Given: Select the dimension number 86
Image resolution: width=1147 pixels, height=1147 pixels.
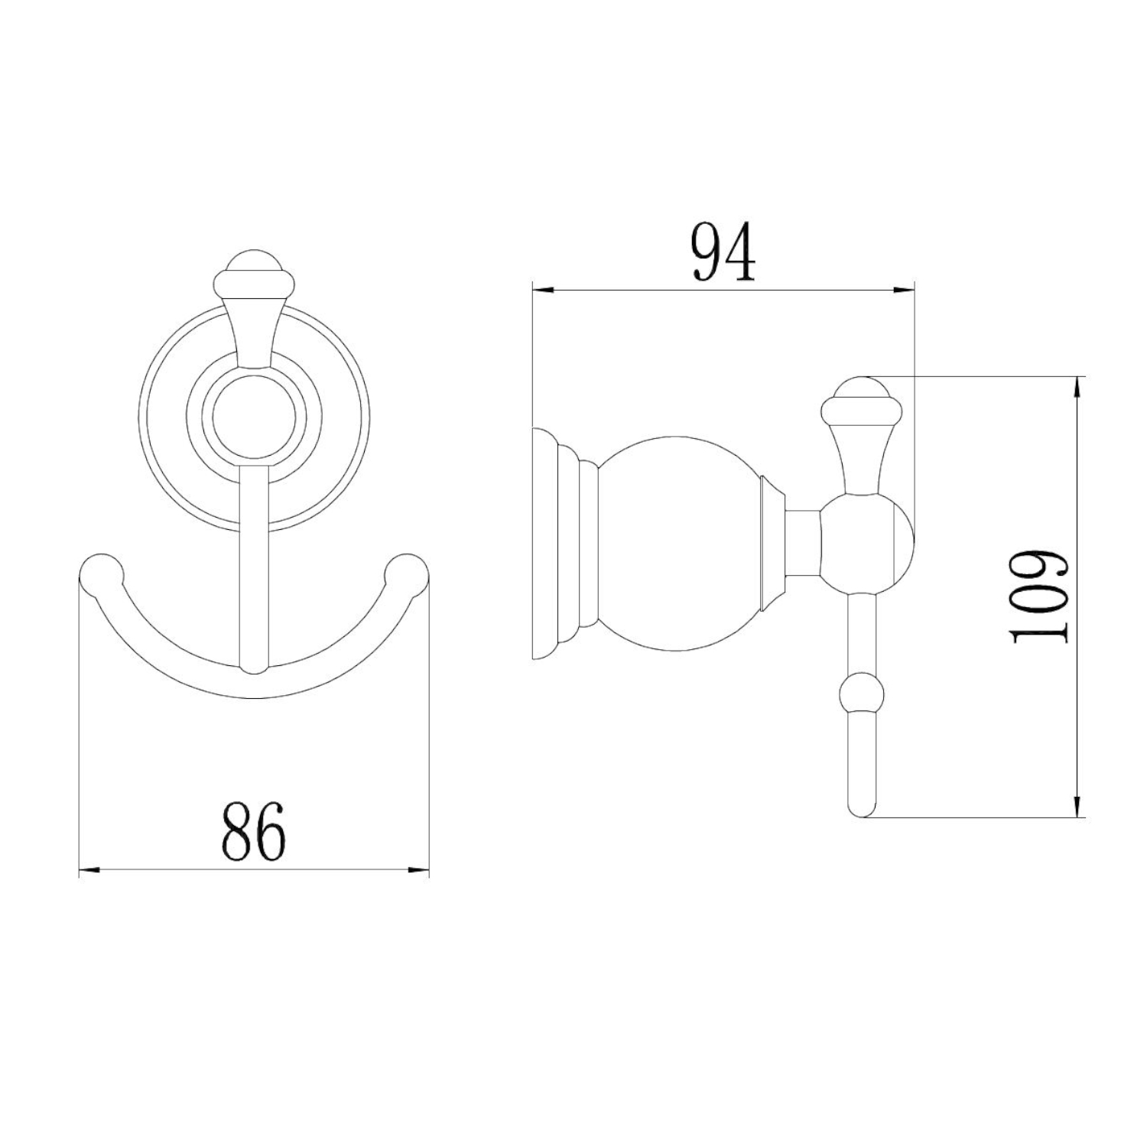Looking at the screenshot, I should (254, 831).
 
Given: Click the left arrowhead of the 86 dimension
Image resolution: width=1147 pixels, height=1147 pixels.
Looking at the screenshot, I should (89, 869).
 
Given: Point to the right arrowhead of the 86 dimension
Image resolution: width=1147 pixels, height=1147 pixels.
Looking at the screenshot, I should (420, 869).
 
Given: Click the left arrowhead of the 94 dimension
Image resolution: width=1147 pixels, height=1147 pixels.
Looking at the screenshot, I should (541, 290).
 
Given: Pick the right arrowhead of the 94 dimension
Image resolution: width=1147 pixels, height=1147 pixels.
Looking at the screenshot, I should (905, 290).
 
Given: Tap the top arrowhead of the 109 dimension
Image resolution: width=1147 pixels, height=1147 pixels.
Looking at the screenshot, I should (1078, 386).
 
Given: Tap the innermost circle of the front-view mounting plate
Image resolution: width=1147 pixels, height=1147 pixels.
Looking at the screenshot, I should (254, 421).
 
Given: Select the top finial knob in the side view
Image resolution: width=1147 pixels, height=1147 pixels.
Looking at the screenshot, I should (863, 398).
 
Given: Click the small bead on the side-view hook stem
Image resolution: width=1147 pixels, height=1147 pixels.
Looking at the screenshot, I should (863, 693).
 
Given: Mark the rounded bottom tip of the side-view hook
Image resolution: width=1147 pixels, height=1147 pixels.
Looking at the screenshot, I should (863, 809).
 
